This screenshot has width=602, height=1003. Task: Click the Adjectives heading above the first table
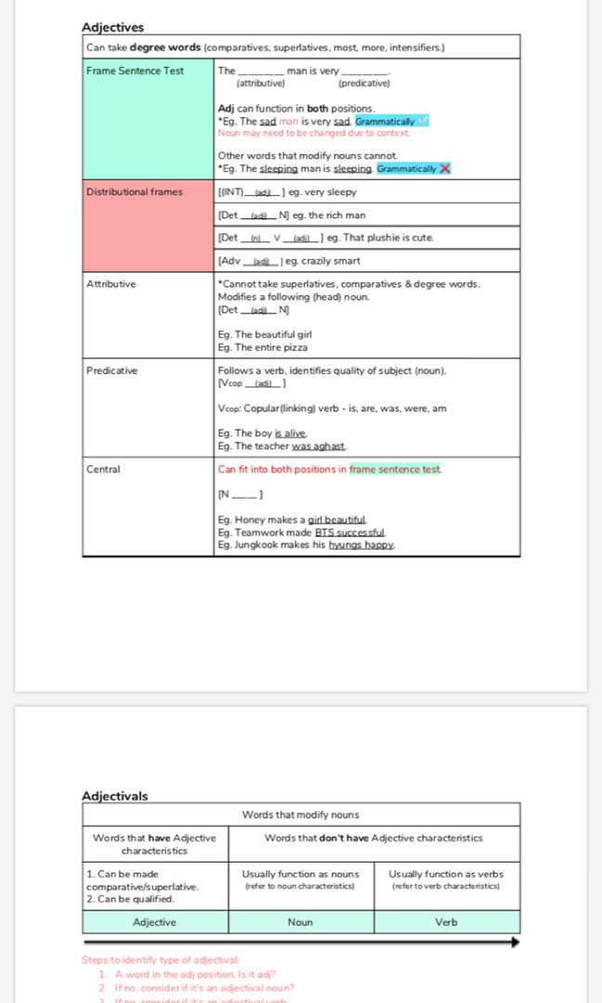click(112, 27)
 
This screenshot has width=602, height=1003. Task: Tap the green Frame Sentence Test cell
click(148, 120)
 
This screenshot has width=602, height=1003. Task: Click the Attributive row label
click(111, 284)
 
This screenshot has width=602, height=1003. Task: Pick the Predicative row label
click(111, 371)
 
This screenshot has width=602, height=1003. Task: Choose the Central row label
click(103, 469)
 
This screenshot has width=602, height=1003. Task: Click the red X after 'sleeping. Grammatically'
click(445, 168)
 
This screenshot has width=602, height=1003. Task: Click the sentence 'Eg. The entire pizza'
click(263, 347)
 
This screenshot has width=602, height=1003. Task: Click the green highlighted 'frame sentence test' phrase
click(395, 469)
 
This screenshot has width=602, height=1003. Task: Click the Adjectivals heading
click(114, 796)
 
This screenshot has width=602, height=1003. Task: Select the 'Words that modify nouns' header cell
click(300, 814)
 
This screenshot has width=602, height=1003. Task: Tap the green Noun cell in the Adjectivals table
click(300, 922)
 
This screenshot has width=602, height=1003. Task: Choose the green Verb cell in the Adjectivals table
click(446, 922)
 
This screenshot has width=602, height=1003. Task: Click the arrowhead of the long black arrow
click(514, 942)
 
